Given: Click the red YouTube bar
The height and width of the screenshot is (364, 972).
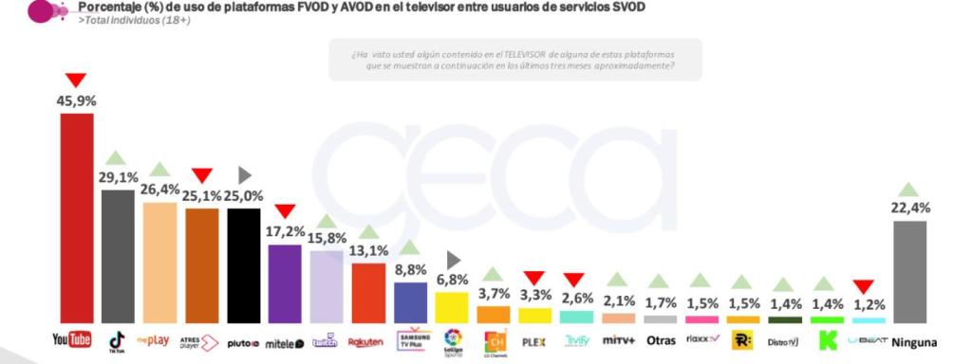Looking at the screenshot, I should [77, 218].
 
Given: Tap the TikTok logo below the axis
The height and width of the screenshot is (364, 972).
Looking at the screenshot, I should [118, 339].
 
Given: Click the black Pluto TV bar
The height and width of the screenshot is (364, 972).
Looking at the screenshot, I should [244, 265].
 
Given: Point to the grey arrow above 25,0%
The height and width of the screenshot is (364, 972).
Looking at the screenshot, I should [244, 174].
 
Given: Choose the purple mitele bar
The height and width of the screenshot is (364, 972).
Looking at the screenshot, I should [285, 283].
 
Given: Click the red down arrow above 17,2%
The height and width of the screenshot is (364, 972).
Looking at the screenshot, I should [285, 210].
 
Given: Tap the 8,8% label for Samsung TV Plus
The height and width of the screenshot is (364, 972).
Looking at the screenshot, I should [410, 270].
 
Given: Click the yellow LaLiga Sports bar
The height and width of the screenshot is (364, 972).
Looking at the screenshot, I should [451, 307].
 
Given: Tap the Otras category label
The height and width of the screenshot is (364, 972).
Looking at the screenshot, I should [661, 340].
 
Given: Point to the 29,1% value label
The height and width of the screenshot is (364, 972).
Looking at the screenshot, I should [118, 177].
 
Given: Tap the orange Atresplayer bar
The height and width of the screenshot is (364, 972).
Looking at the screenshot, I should [202, 265].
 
